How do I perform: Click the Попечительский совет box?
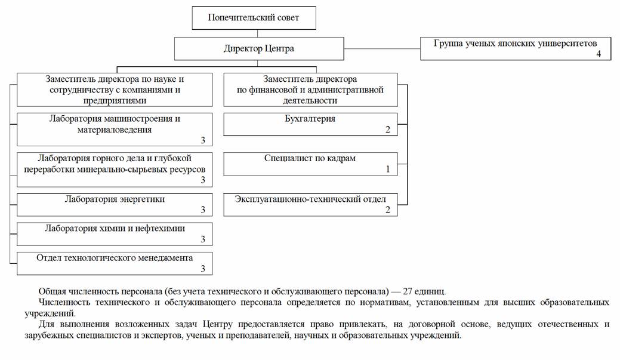point(254,18)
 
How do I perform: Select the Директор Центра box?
point(259,49)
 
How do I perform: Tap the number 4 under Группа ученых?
point(598,54)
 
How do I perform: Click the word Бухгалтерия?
point(310,119)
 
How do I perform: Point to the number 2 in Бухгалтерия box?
point(387,130)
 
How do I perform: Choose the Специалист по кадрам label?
point(310,158)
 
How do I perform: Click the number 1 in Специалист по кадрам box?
point(387,169)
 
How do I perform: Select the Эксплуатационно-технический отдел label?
point(310,199)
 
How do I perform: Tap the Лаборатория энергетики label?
point(115,199)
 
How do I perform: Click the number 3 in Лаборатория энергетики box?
point(203,210)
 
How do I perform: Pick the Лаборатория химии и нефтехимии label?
point(115,228)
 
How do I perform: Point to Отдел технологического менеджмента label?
point(115,258)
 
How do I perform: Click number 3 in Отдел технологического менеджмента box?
point(203,269)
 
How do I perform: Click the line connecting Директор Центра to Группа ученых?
point(382,48)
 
